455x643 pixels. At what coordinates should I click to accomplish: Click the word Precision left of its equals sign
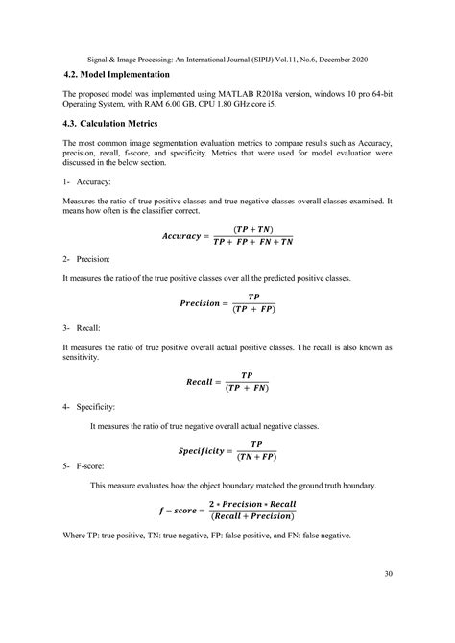[205, 304]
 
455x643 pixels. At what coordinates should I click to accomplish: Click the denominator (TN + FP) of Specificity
[255, 457]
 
